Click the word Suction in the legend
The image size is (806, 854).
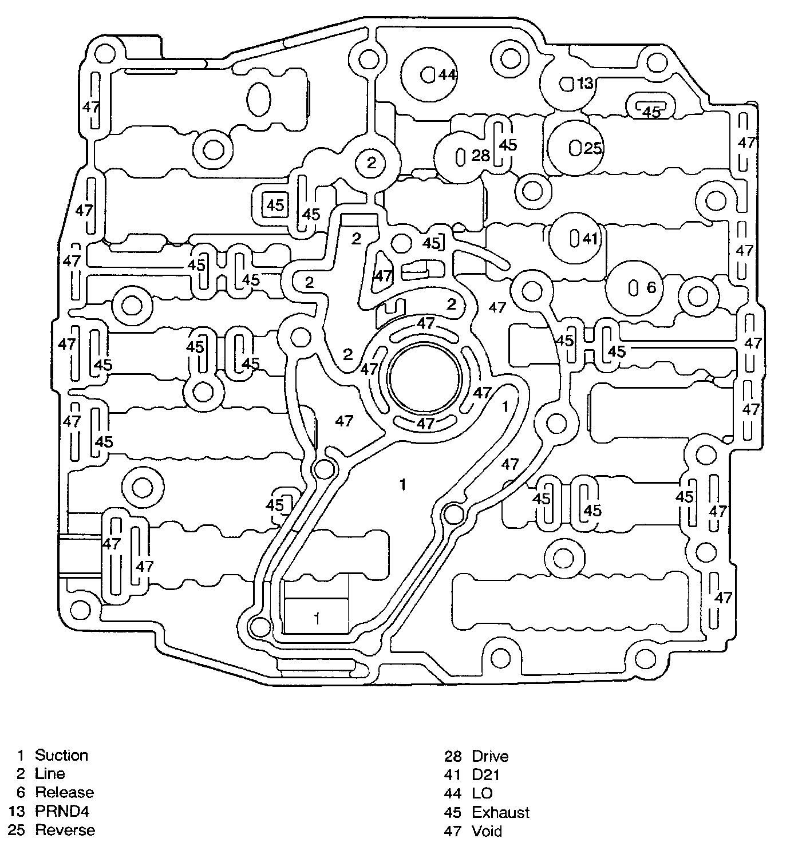(61, 756)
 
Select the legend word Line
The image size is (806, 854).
(50, 774)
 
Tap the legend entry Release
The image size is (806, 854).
(64, 793)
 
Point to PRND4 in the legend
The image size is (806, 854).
(62, 811)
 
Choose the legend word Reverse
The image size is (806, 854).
(65, 830)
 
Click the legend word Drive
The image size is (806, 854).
(490, 757)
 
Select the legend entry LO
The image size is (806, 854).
(482, 793)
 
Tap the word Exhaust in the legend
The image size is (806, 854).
(500, 812)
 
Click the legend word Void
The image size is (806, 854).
(487, 831)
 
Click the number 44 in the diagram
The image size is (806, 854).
(447, 75)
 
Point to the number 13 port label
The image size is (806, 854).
(584, 84)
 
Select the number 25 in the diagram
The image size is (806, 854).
(592, 148)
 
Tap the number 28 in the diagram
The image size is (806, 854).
(481, 155)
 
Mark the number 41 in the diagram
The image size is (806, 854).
(590, 239)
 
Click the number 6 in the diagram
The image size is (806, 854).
(651, 287)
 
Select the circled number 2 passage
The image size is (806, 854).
(372, 163)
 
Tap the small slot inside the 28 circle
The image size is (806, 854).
(460, 156)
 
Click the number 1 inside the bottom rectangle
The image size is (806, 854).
(317, 618)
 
